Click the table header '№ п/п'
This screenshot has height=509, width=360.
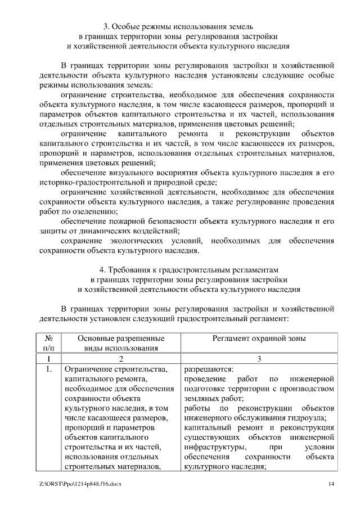(48, 343)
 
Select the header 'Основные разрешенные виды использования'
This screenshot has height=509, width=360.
(120, 343)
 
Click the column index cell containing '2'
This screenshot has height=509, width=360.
(120, 359)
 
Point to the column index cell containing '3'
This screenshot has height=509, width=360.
(259, 359)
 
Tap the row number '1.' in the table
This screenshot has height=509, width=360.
(48, 370)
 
